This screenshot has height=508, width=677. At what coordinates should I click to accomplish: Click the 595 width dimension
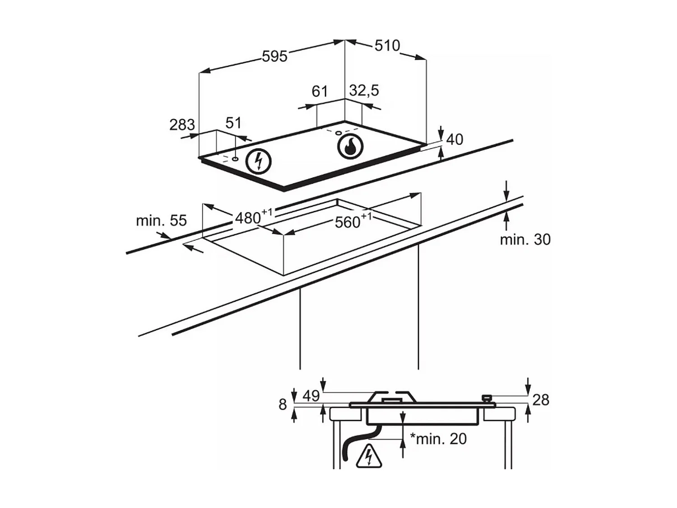point(274,56)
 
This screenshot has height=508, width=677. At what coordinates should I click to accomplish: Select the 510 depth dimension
point(387,45)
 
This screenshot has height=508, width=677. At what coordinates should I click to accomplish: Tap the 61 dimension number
point(319,91)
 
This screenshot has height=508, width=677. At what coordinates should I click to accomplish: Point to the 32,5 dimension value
point(364,90)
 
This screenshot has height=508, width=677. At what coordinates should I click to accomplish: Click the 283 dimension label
point(182,125)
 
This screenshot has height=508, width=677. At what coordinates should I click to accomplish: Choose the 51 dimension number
point(233,123)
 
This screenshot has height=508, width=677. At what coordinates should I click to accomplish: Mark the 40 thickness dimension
point(454,140)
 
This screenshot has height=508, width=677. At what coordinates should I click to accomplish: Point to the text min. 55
point(161,220)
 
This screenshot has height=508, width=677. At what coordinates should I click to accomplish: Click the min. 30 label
point(525,239)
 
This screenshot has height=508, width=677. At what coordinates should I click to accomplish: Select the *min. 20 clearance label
point(438,438)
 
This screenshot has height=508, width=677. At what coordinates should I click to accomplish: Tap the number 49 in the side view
point(311,396)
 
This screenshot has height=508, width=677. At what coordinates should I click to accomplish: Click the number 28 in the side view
point(541,400)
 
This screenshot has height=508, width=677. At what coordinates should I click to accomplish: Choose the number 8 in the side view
point(283,405)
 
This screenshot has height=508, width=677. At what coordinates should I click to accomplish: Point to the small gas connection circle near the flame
point(338,133)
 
